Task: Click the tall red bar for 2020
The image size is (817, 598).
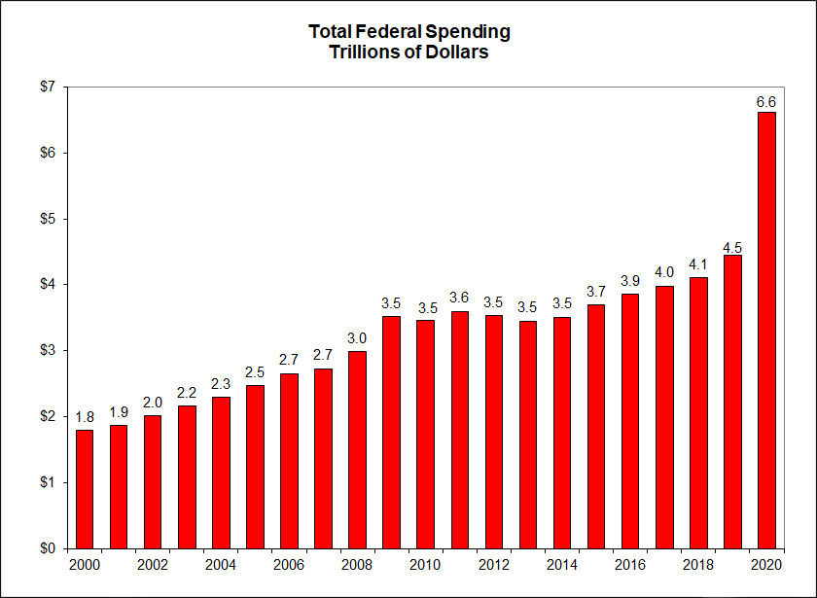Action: coord(766,331)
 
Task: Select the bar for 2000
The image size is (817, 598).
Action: coord(85,489)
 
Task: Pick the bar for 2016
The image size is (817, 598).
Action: coord(630,420)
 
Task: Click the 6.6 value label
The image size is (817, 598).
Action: coord(766,101)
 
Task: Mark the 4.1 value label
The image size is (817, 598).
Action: coord(698,265)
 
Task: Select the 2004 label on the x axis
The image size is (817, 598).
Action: coord(221,565)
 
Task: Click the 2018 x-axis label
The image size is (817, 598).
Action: coord(698,565)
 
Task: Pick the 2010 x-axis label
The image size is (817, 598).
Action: coord(426,565)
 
